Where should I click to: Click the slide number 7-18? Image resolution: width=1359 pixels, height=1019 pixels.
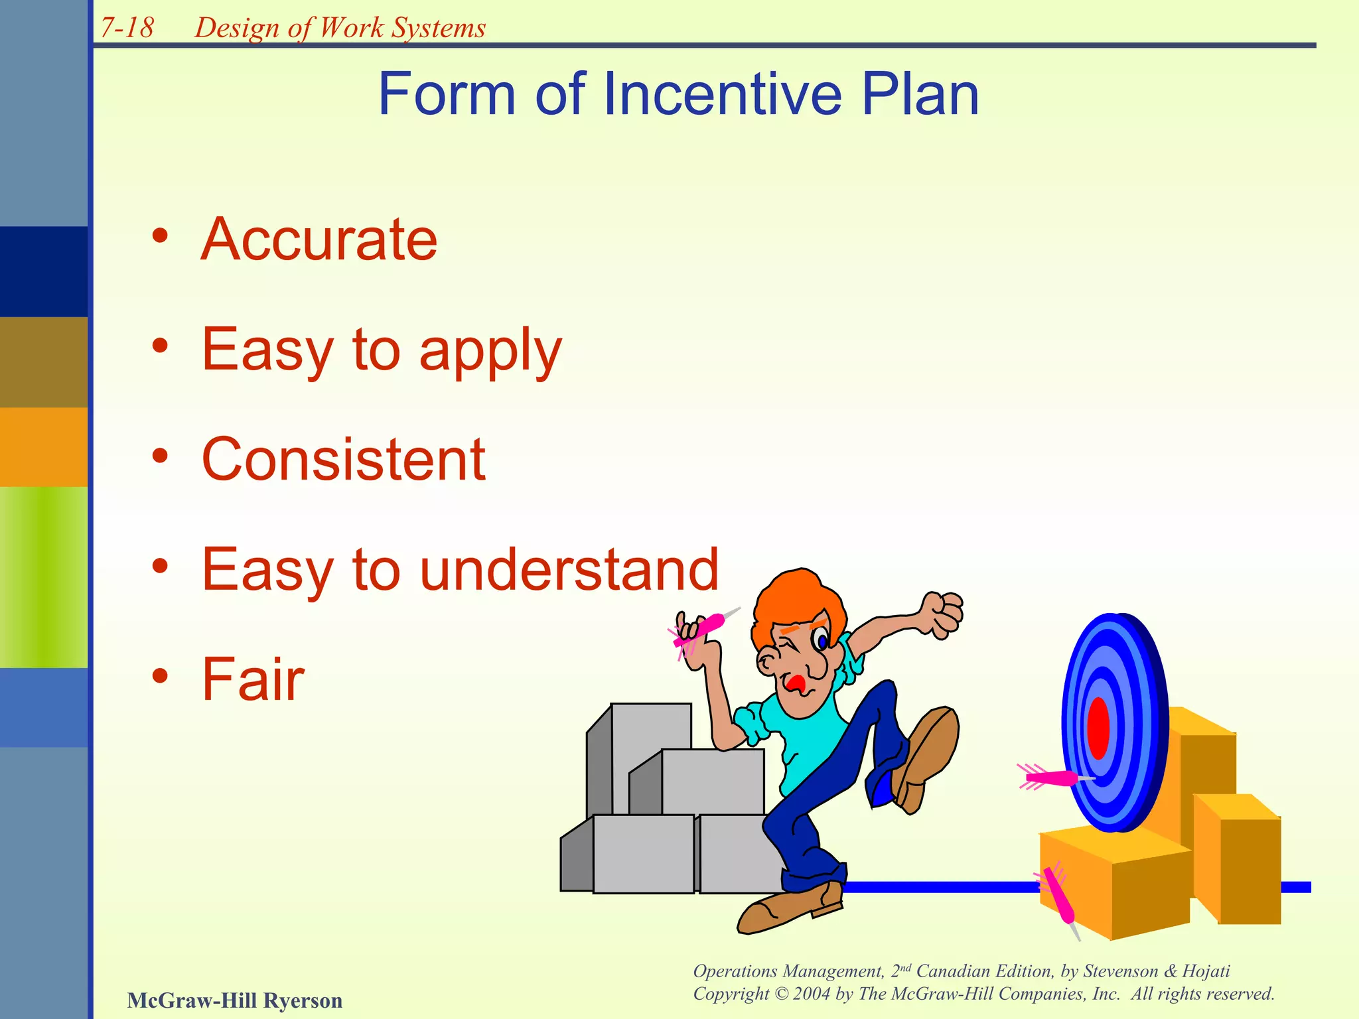click(127, 28)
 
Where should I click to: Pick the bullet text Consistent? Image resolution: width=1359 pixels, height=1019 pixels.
click(343, 459)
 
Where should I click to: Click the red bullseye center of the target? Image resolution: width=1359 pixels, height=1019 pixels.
click(1098, 728)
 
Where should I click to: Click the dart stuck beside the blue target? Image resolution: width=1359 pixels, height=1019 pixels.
click(1052, 777)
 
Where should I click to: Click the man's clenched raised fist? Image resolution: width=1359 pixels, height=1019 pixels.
click(943, 614)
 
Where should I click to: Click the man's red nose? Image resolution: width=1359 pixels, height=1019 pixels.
click(795, 683)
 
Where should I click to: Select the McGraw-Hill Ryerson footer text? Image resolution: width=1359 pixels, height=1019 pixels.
click(235, 1000)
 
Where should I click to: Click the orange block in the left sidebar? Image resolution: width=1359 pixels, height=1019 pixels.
click(44, 446)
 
